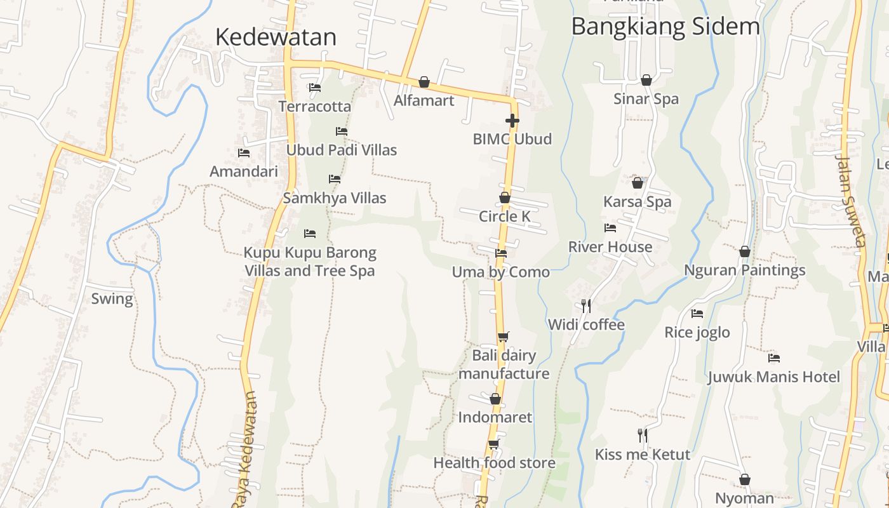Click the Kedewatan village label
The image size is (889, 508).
276,37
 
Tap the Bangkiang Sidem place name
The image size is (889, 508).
665,27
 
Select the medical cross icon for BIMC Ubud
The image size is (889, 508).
512,120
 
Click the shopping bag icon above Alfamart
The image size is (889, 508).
424,82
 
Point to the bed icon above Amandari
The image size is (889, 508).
244,153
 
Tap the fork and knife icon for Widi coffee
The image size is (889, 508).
586,306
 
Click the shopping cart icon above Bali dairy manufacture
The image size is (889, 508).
503,337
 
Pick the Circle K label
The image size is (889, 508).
504,217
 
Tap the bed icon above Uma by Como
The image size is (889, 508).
501,253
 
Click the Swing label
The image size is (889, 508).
112,298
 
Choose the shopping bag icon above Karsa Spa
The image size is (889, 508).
638,183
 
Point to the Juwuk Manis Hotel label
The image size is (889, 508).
773,377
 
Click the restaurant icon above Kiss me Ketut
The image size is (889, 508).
643,436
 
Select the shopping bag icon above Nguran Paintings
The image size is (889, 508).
745,251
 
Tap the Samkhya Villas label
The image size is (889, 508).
335,198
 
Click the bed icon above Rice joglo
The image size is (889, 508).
697,314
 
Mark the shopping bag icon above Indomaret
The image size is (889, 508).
495,399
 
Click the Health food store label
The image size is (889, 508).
494,463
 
